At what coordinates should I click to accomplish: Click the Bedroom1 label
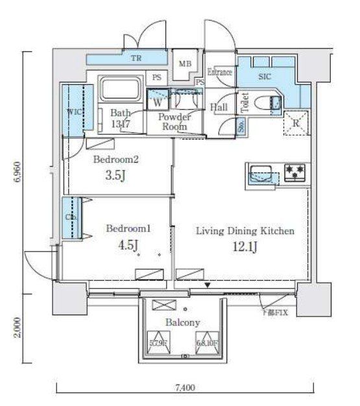128,228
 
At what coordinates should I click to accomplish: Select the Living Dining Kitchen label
246,231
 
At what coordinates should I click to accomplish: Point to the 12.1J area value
246,246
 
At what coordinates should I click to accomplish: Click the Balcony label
182,322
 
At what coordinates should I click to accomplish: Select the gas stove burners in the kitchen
295,172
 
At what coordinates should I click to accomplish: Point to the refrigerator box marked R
296,123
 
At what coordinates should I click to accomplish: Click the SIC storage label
264,77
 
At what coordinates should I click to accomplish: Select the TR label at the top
136,58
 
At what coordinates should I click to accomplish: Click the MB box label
186,64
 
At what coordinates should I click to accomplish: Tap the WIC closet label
73,112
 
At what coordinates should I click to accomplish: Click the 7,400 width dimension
184,388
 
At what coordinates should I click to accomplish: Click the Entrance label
219,72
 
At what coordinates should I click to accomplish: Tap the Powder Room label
175,121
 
